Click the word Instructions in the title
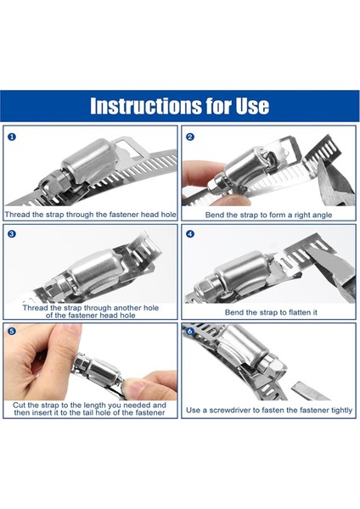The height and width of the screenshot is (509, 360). click(x=146, y=105)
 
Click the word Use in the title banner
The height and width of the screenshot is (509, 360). click(x=252, y=105)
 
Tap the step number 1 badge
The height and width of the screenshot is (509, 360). click(x=11, y=137)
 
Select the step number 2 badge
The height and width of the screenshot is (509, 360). click(x=190, y=137)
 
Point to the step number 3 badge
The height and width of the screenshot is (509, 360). click(x=11, y=234)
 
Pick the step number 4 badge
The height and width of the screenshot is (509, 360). click(x=190, y=234)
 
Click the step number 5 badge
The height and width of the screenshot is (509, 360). click(x=11, y=331)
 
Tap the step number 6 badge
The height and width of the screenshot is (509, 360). click(x=190, y=331)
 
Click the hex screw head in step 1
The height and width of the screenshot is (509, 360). click(x=48, y=186)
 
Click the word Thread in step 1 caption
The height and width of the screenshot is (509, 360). click(x=17, y=215)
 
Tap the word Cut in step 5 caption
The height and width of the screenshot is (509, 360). click(x=20, y=406)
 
